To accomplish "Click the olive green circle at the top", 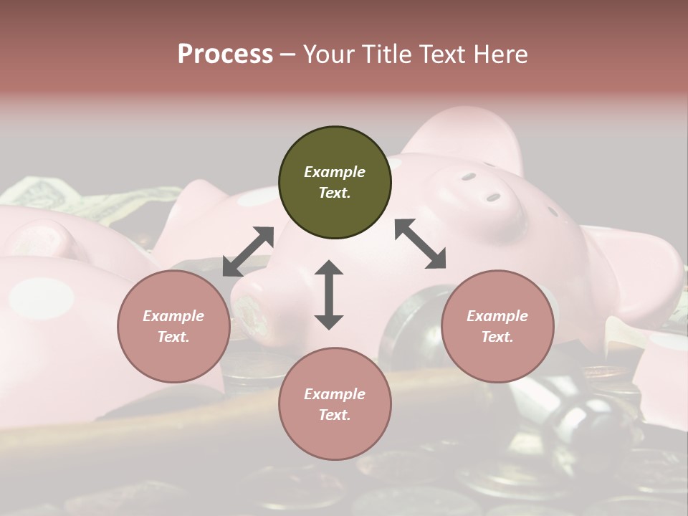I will pyautogui.click(x=335, y=183).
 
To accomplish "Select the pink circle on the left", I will pyautogui.click(x=173, y=327).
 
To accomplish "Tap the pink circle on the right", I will pyautogui.click(x=497, y=327).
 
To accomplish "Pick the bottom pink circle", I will pyautogui.click(x=335, y=404).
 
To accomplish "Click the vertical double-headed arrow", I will pyautogui.click(x=329, y=295).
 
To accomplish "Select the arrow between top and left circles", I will pyautogui.click(x=248, y=252).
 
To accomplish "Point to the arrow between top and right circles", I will pyautogui.click(x=421, y=244).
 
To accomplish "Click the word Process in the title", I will pyautogui.click(x=225, y=54).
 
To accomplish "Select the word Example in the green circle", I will pyautogui.click(x=335, y=172).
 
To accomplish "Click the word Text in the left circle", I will pyautogui.click(x=173, y=337).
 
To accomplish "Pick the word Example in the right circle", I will pyautogui.click(x=497, y=316).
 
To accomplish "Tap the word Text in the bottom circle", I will pyautogui.click(x=335, y=415).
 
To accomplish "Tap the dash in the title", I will pyautogui.click(x=287, y=54).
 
